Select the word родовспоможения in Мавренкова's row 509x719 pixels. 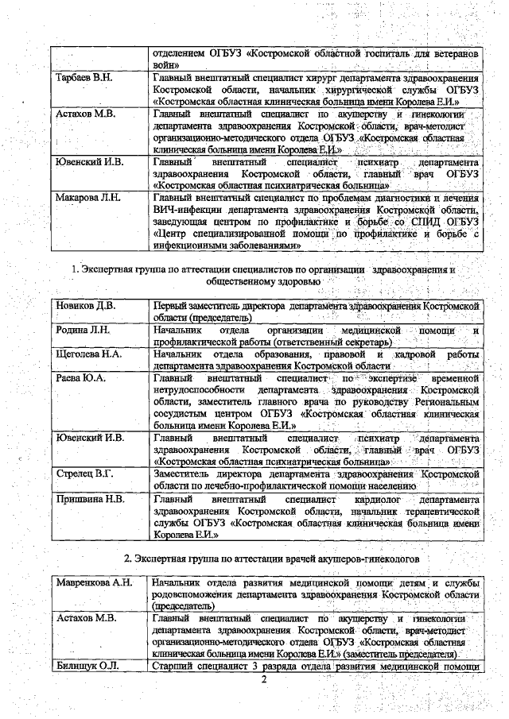coord(197,595)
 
